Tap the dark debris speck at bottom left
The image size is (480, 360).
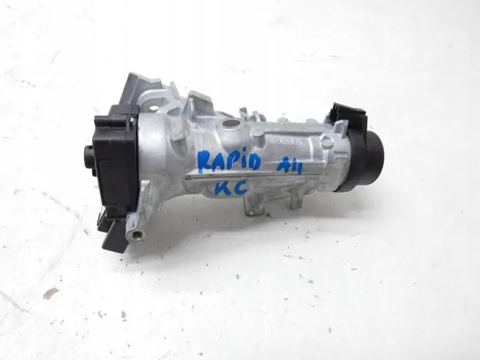click(50, 294)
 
